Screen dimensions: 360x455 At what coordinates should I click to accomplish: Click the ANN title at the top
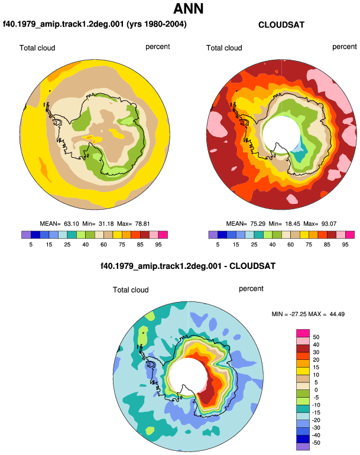pos(189,9)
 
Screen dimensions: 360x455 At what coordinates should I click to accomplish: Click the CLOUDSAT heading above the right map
pos(281,25)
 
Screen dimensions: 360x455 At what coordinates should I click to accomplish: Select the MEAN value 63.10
pos(71,224)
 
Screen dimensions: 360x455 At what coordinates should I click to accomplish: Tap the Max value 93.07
pos(329,224)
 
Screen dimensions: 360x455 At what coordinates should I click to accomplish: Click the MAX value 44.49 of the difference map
pos(337,314)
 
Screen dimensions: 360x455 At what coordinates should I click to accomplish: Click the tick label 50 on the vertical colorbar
pos(316,337)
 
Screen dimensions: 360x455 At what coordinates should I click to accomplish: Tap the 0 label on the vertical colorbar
pos(316,390)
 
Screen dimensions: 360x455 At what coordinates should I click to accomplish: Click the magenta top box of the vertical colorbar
pos(303,333)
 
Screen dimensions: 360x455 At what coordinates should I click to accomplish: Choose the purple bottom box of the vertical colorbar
pos(303,447)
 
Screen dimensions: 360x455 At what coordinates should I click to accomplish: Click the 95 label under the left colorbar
pos(158,245)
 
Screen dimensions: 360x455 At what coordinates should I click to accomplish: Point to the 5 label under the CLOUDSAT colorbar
pos(218,245)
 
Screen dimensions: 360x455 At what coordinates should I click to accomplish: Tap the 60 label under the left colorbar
pos(103,245)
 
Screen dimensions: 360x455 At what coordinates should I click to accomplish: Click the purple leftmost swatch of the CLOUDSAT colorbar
pos(213,235)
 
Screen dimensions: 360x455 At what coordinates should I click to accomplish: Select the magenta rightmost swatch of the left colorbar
pos(163,235)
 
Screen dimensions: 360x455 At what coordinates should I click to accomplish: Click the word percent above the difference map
pos(251,289)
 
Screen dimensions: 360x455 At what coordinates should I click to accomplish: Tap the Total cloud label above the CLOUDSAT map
pos(224,48)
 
